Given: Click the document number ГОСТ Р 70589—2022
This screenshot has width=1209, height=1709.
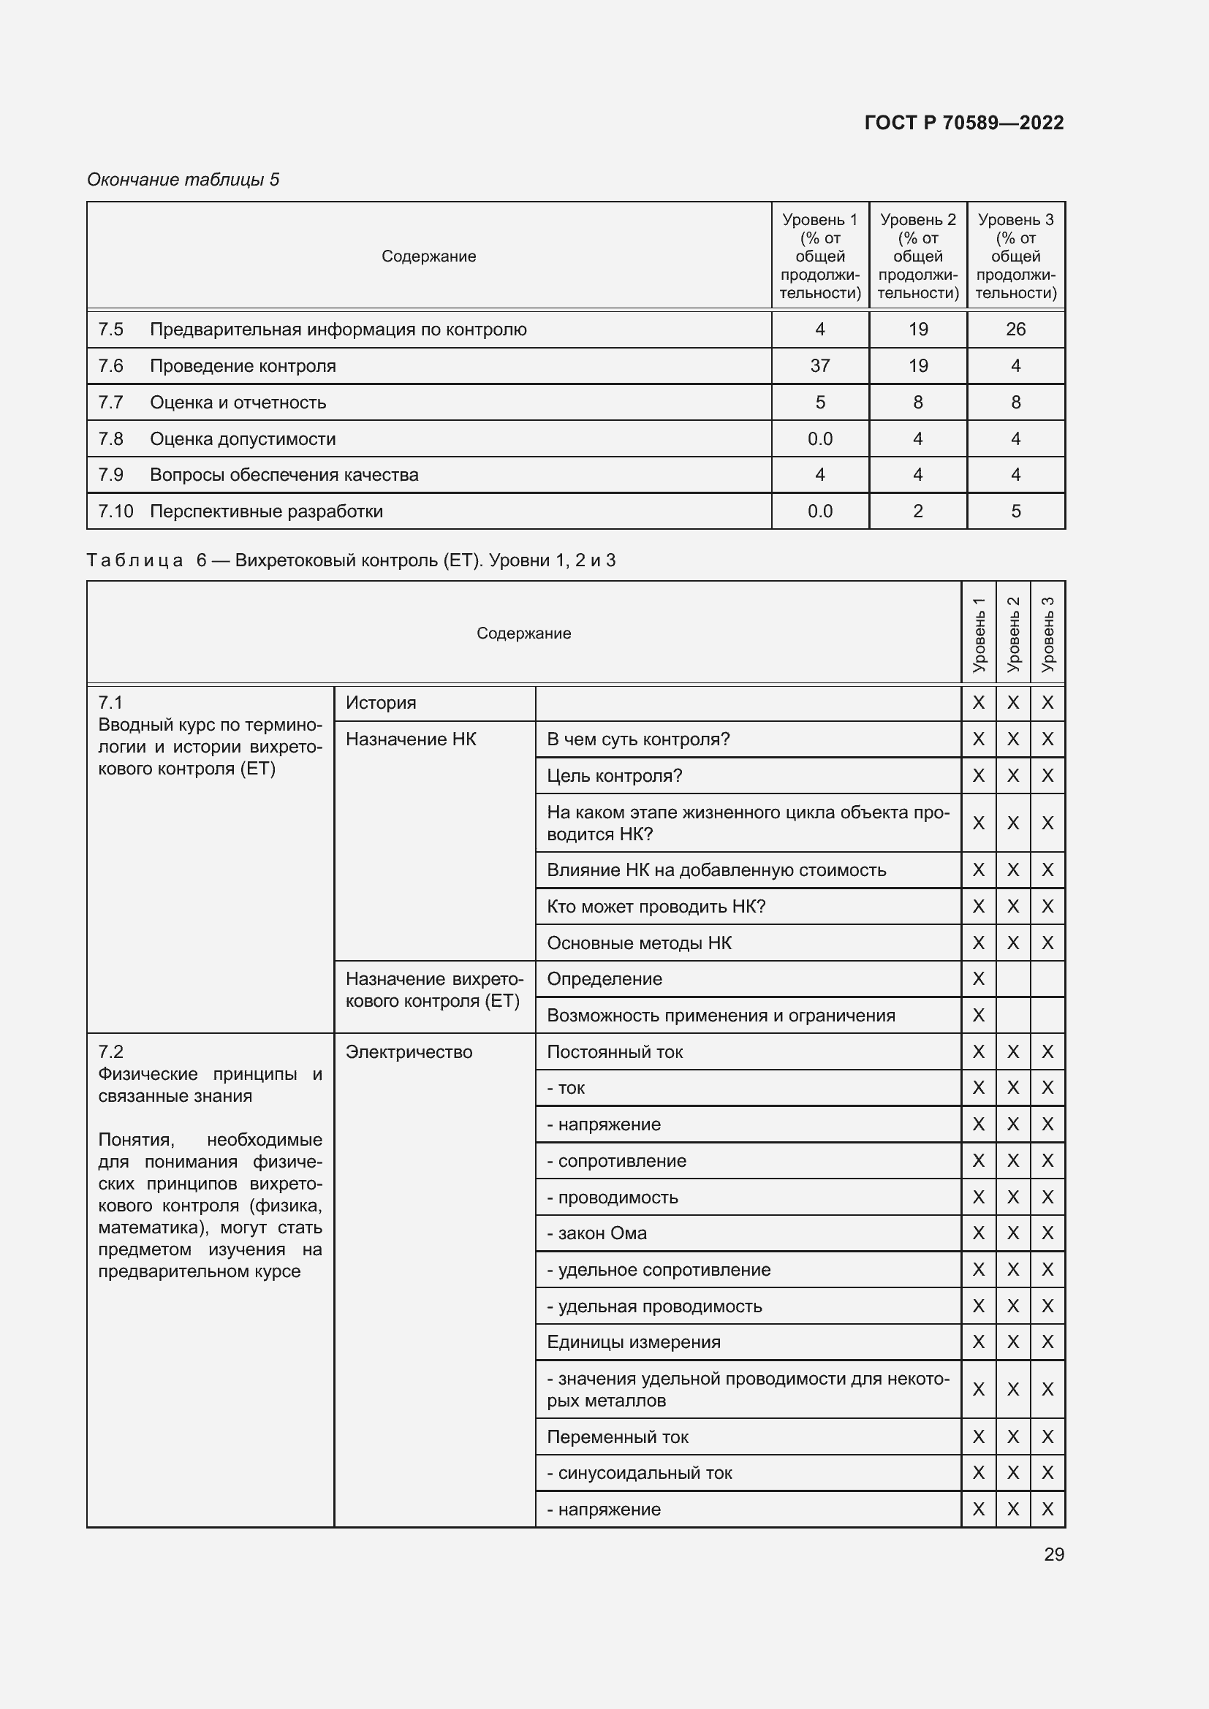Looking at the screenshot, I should pos(963,123).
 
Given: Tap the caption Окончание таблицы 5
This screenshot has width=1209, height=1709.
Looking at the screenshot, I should pos(183,180).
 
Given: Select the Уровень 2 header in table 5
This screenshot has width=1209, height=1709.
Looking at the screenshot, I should pos(917,255).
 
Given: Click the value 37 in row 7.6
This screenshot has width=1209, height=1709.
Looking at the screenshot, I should pos(819,365).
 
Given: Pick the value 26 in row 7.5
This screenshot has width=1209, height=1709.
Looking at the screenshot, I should pos(1015,329).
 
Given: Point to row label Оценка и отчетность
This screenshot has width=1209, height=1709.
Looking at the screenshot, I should pos(238,402).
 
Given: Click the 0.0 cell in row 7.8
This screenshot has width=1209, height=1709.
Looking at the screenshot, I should pos(819,438).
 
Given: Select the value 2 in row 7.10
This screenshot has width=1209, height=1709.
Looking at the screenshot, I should pos(917,511).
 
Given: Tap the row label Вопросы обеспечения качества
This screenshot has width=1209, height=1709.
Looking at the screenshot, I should pos(284,474).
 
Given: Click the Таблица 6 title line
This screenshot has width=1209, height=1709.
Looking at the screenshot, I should pos(351,560).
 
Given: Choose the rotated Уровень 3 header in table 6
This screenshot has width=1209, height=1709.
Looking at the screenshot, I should pos(1047,633).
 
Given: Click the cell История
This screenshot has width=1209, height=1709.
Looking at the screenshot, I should pos(380,703).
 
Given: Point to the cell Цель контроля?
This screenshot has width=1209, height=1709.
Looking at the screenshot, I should pos(614,776).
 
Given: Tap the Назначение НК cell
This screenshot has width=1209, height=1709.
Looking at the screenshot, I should pos(410,739).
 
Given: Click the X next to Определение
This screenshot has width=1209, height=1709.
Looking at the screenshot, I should pos(978,979).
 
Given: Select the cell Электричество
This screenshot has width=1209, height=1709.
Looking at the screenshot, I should pos(409,1051).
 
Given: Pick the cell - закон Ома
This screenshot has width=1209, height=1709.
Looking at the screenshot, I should pos(596,1233).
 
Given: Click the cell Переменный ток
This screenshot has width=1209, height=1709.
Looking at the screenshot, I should pos(617,1436).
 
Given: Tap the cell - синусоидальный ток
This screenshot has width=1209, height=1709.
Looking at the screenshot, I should pos(639,1472).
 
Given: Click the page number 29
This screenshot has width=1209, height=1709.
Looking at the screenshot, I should pos(1053,1554).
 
